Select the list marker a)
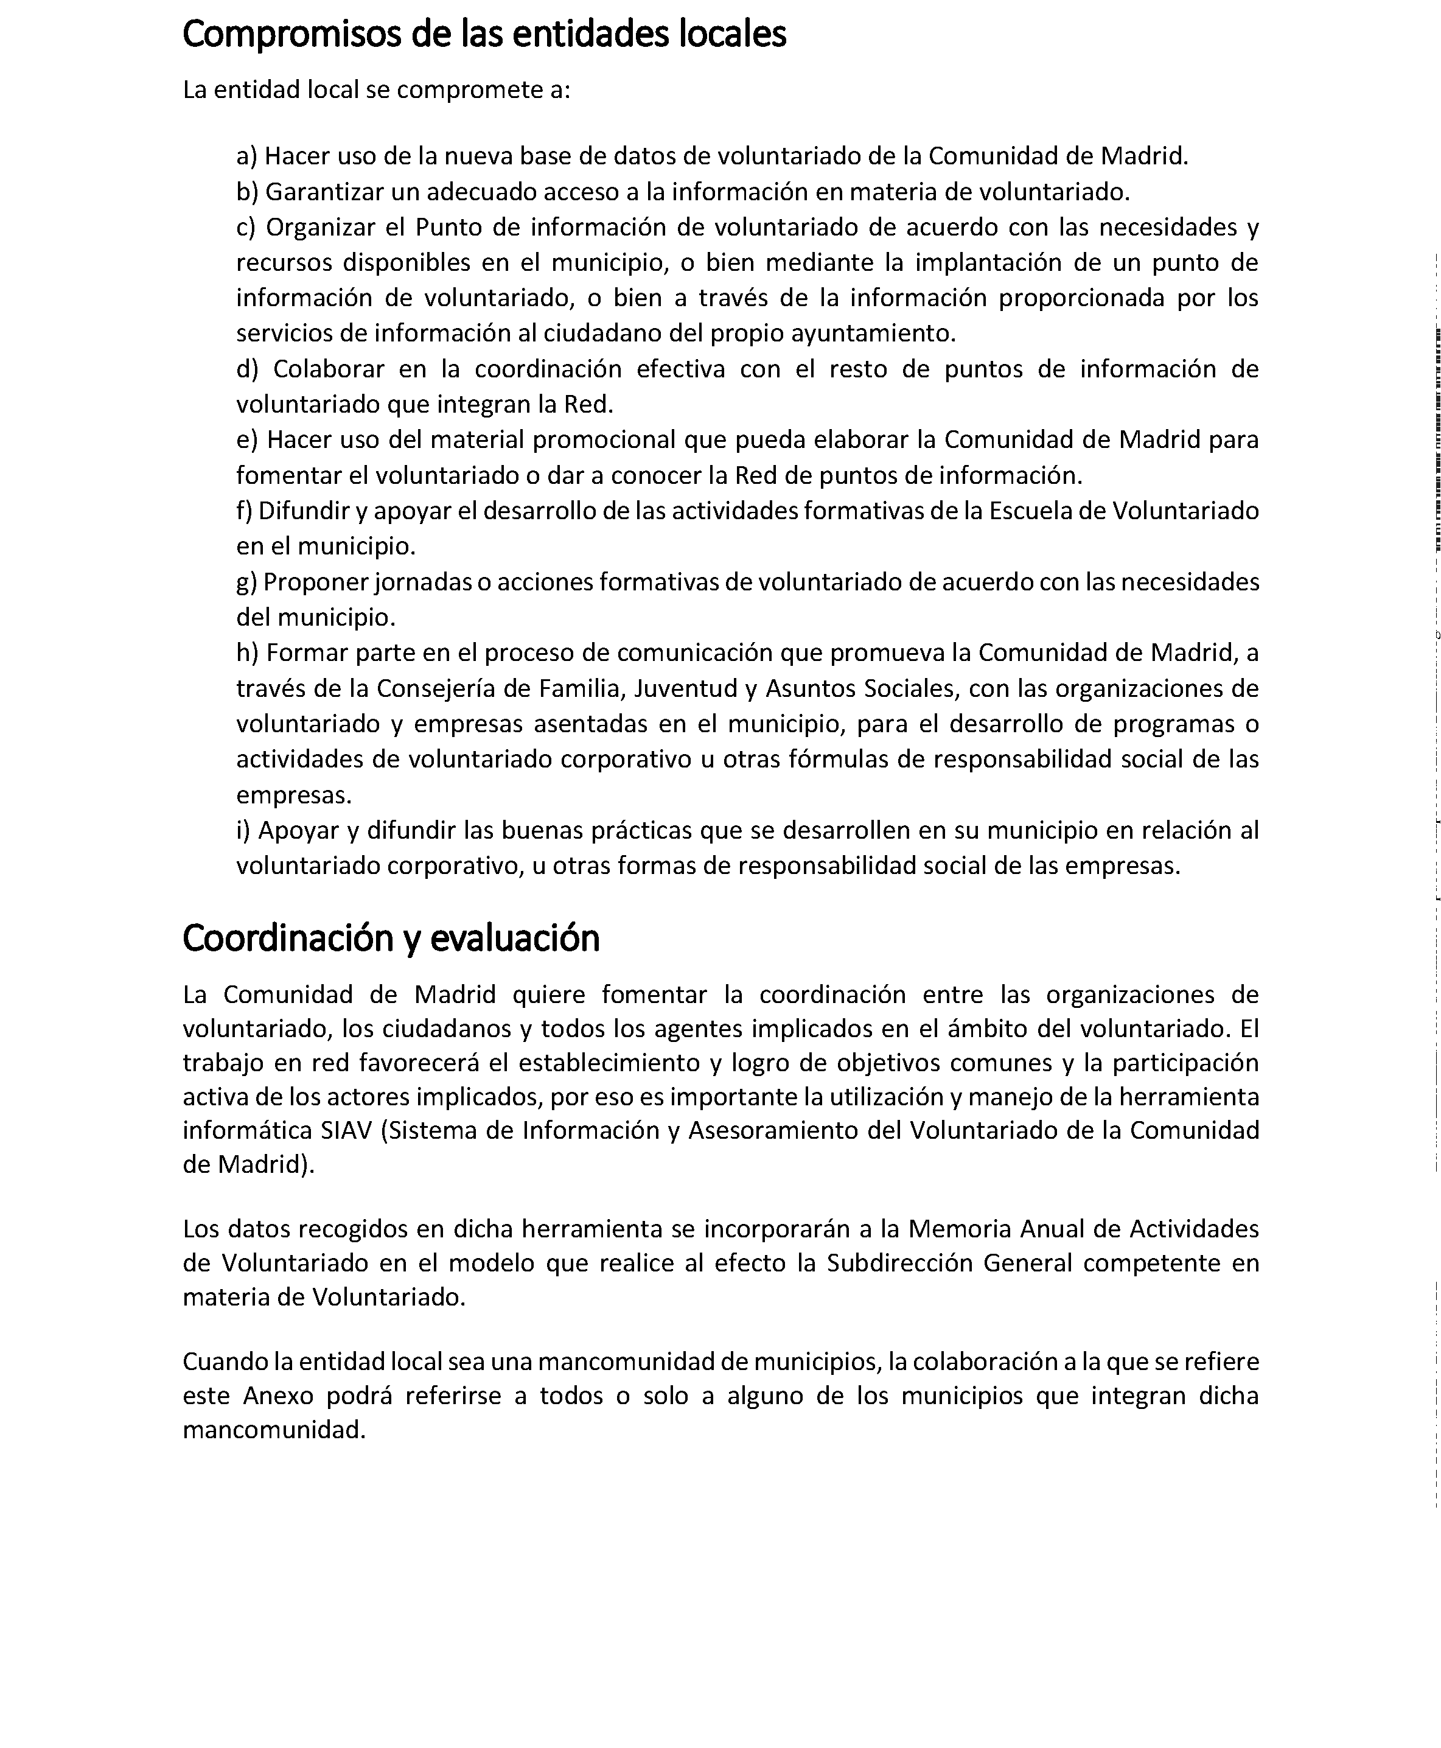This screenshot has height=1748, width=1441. tap(246, 156)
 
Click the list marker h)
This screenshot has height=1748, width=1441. tap(247, 652)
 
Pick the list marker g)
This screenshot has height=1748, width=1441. tap(246, 582)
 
